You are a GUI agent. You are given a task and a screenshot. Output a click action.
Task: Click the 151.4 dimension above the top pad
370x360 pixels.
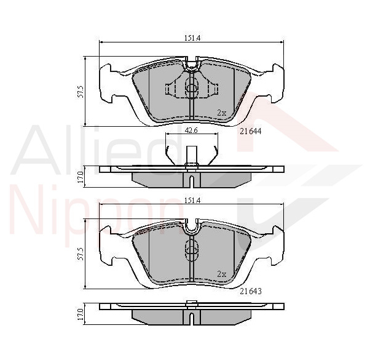pyautogui.click(x=192, y=38)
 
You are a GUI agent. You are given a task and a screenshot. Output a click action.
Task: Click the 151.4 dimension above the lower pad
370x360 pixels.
pyautogui.click(x=192, y=201)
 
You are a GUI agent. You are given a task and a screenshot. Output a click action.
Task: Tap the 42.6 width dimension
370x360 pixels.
pyautogui.click(x=191, y=130)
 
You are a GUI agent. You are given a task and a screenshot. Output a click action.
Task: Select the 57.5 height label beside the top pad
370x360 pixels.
pyautogui.click(x=81, y=92)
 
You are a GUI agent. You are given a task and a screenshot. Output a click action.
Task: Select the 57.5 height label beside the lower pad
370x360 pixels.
pyautogui.click(x=81, y=254)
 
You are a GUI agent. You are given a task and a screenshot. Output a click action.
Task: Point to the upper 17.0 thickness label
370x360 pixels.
pyautogui.click(x=81, y=177)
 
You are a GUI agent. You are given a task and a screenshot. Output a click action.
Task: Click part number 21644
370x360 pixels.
pyautogui.click(x=251, y=131)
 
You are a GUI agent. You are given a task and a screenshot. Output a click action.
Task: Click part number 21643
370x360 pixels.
pyautogui.click(x=251, y=291)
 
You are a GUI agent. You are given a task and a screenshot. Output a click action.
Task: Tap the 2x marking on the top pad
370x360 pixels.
pyautogui.click(x=222, y=113)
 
